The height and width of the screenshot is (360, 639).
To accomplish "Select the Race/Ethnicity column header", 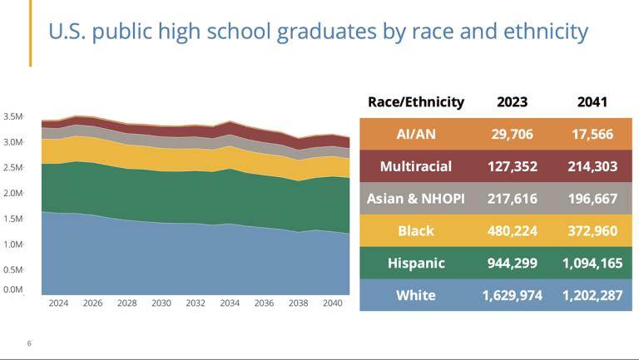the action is [416, 101].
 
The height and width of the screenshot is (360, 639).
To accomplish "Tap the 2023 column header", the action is [512, 101].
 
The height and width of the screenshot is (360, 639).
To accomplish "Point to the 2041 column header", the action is [592, 101].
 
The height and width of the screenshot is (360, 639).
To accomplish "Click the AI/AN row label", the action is [416, 134].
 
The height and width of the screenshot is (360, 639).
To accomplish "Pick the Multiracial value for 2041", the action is [592, 166].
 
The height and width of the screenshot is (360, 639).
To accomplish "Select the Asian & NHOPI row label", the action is [416, 199].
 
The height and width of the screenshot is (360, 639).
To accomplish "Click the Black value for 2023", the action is [512, 231].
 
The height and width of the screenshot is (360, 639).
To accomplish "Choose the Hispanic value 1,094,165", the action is [592, 263].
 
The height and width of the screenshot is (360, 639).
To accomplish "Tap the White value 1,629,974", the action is [512, 295].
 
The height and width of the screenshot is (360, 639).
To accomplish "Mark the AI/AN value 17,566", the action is [592, 134].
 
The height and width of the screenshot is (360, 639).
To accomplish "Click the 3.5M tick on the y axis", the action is [12, 116].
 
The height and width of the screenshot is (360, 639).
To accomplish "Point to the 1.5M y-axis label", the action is [12, 219].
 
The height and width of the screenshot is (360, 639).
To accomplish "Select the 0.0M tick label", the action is [12, 289].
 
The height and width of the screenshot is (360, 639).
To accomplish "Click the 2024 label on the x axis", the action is [58, 303].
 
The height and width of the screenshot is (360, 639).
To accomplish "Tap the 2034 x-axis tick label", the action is [230, 303].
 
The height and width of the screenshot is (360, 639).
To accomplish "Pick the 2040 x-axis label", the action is [333, 303].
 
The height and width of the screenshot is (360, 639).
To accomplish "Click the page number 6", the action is [29, 343].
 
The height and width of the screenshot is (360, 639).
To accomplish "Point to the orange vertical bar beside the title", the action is [31, 33].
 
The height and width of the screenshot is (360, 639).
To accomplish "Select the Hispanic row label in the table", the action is [416, 263].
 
